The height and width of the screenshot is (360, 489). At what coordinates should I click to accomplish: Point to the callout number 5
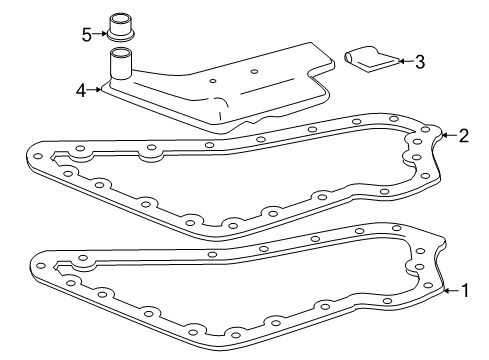pos(87,34)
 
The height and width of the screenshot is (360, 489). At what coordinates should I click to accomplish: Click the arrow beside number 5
pos(100,34)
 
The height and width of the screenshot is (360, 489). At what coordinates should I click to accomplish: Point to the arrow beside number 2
pos(447,134)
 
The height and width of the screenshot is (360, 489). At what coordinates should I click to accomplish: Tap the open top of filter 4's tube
pos(121,52)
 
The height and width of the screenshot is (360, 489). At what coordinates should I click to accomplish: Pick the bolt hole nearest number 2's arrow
pos(427,131)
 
